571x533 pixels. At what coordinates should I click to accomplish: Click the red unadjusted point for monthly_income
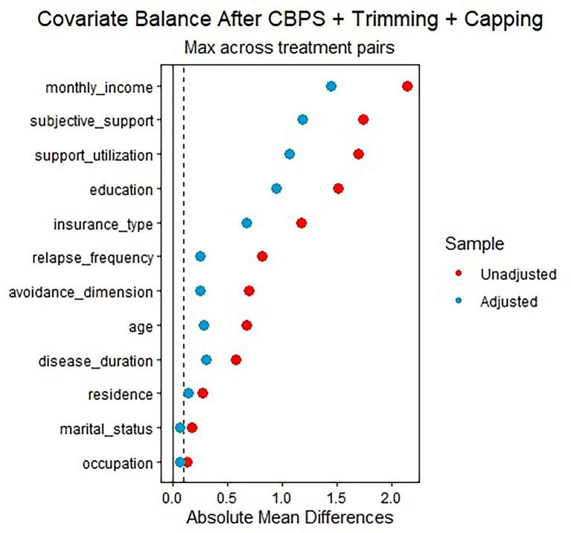click(x=406, y=86)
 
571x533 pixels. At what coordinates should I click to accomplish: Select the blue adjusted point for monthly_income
click(x=331, y=86)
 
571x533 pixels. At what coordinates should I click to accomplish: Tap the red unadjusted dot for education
click(x=338, y=189)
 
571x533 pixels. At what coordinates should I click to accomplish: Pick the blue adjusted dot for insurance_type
click(x=246, y=223)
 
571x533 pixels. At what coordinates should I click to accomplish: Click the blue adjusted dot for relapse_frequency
click(x=200, y=257)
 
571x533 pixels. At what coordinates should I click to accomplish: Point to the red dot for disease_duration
click(x=236, y=360)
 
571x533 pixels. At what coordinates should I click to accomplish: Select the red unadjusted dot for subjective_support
click(x=363, y=120)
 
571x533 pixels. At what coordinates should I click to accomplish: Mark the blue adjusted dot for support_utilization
click(x=290, y=154)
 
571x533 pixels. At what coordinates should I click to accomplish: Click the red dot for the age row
click(x=246, y=325)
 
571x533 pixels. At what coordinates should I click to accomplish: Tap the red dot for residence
click(x=202, y=393)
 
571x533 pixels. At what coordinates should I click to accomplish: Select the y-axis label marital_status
click(x=108, y=428)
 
